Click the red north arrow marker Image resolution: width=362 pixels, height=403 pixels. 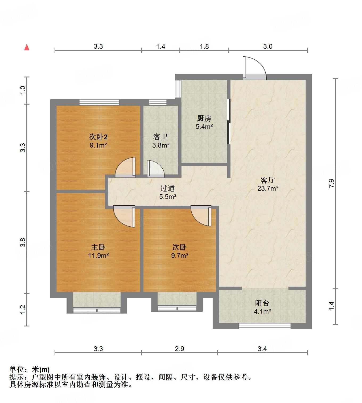pos(27,47)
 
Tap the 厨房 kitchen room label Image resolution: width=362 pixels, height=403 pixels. pos(204,118)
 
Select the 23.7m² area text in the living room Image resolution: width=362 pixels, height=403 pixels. pos(268,189)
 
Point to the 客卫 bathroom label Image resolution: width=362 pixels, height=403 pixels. pos(161,137)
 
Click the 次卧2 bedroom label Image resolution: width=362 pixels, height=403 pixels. pos(98,137)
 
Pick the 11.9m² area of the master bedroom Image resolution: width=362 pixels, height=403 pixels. pos(98,256)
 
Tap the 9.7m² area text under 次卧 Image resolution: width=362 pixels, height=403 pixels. pos(180,256)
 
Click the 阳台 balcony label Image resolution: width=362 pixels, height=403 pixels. pos(262,303)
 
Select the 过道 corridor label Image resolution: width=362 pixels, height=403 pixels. pos(167,188)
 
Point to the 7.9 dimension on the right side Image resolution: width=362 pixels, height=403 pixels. pos(331,184)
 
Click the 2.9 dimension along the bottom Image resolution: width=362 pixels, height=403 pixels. pos(180,348)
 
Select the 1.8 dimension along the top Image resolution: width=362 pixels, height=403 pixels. pos(204,46)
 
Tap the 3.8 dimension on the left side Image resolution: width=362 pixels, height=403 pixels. pos(23,242)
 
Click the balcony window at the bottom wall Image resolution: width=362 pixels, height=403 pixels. pos(265,326)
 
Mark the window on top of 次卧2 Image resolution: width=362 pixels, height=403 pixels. pos(99,102)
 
